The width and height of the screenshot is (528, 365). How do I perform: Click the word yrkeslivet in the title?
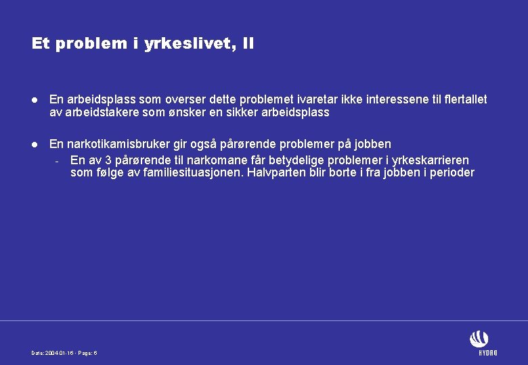tap(196, 45)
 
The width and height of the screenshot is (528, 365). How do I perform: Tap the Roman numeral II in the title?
tap(248, 45)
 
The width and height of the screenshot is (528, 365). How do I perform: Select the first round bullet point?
tap(35, 100)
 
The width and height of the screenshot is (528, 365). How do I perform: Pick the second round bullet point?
tap(35, 145)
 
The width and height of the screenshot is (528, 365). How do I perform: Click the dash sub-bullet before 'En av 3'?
tap(59, 162)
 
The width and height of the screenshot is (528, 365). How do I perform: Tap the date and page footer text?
tap(65, 354)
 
